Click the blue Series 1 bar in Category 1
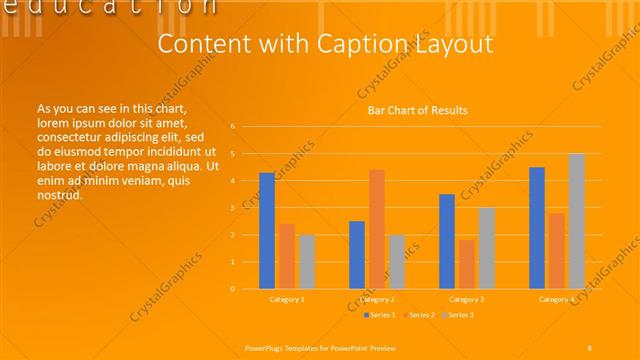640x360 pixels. point(267,231)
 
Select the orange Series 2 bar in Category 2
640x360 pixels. point(377,229)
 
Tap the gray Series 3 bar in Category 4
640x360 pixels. point(577,221)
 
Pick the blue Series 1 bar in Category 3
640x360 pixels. point(447,241)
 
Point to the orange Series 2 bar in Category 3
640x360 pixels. point(467,264)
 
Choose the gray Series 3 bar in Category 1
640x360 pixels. point(307,261)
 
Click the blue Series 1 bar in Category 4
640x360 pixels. point(537,228)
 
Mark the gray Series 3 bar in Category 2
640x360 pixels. point(397,261)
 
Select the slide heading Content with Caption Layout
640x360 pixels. point(326,45)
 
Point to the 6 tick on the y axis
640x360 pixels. point(232,127)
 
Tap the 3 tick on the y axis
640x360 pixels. point(232,208)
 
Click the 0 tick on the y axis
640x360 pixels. point(232,289)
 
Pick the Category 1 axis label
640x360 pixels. point(287,299)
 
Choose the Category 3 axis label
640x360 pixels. point(467,299)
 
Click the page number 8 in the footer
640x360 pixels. point(590,346)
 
